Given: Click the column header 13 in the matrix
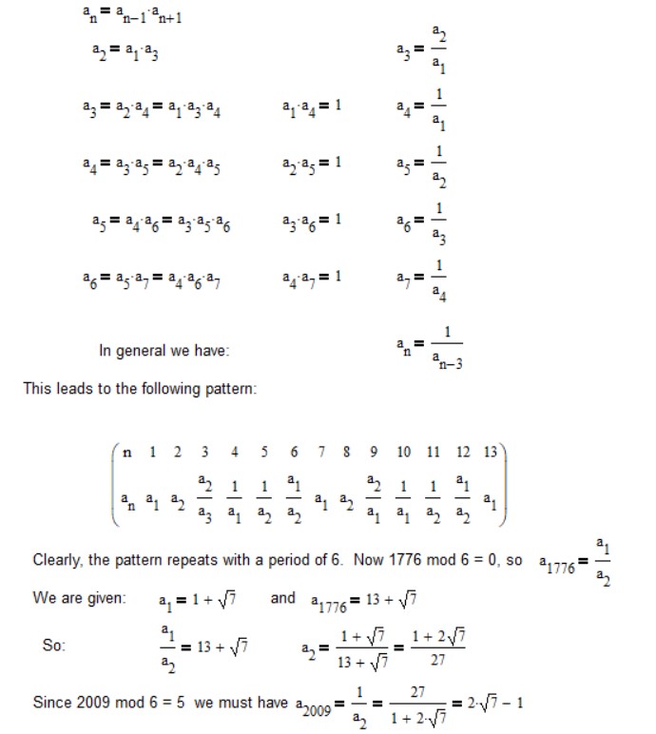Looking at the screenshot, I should pyautogui.click(x=490, y=452).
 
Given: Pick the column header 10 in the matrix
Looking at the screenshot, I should pyautogui.click(x=404, y=452).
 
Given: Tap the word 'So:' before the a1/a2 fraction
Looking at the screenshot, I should pyautogui.click(x=54, y=646).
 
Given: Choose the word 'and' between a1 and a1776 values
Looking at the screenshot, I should pyautogui.click(x=283, y=599).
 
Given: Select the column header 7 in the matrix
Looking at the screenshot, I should pyautogui.click(x=322, y=452).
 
